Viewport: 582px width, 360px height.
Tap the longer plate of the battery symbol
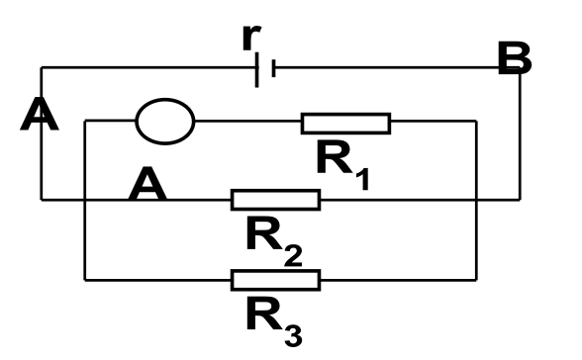point(257,69)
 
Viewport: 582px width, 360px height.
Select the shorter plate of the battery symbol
point(273,68)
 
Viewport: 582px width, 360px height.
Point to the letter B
point(515,58)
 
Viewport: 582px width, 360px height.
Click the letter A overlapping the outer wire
point(40,114)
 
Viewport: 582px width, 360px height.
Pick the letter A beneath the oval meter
point(147,184)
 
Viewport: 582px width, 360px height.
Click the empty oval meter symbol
point(165,122)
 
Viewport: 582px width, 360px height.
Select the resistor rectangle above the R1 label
point(346,123)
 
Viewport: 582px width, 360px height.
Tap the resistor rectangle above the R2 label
point(275,200)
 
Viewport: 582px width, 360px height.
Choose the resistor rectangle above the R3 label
point(275,280)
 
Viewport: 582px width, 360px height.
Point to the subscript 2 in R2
point(293,255)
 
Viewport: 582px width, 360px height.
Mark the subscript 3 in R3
point(293,335)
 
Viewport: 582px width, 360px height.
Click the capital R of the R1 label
point(335,158)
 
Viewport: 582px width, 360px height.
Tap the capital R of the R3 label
point(263,315)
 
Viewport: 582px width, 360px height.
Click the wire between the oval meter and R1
point(247,121)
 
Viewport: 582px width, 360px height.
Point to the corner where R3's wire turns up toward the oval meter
point(85,280)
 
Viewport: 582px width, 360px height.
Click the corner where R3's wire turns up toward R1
point(476,280)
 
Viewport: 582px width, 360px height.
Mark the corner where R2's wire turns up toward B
point(520,200)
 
